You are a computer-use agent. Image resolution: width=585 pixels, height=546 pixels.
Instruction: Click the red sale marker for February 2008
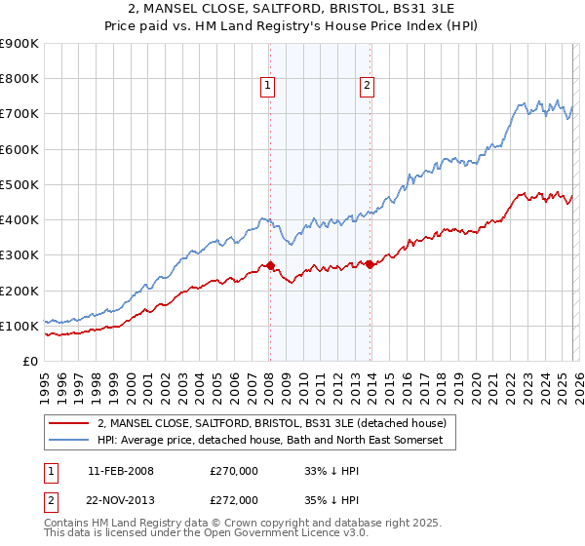(270, 265)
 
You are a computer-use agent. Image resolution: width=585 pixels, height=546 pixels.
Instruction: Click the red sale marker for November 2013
(370, 264)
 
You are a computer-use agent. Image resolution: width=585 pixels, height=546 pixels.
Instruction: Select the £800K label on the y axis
(19, 79)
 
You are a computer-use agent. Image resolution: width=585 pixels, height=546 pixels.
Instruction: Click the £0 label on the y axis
(29, 361)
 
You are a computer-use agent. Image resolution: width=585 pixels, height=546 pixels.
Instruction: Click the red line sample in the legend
(68, 423)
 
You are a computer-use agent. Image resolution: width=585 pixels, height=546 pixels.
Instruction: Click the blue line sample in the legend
(68, 441)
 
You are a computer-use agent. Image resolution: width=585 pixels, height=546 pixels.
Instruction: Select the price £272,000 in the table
(234, 499)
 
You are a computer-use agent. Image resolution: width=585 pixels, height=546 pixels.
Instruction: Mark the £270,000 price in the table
(234, 470)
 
